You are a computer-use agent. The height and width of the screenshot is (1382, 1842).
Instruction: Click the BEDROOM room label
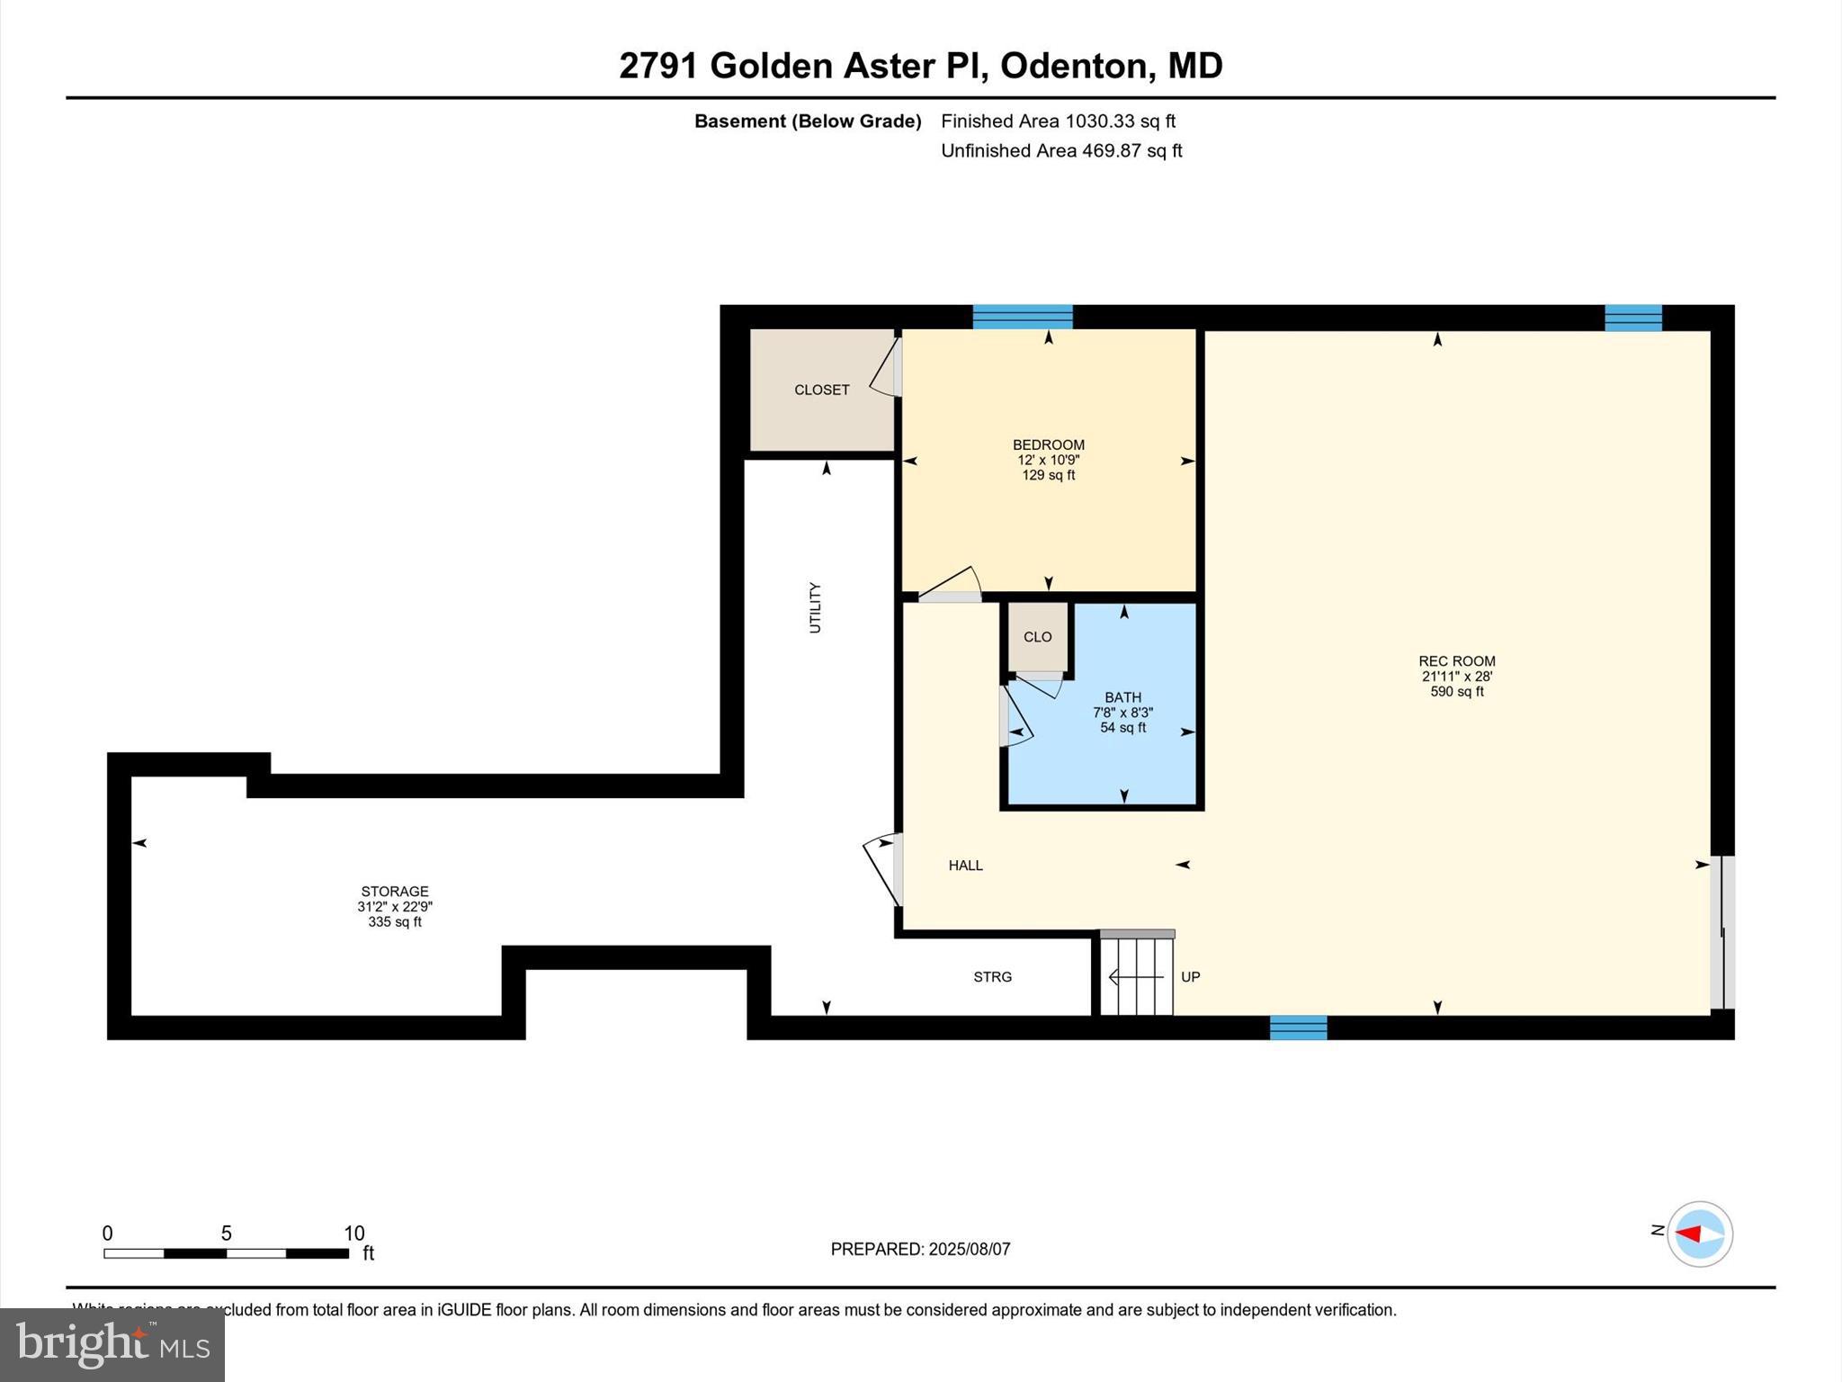1048,444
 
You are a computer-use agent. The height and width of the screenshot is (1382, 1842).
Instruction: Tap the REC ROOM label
1456,661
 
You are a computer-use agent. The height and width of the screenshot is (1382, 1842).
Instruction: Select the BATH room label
1122,697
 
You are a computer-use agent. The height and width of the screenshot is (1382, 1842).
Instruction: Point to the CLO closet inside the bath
1037,637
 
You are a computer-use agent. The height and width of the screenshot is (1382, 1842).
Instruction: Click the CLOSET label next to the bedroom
821,390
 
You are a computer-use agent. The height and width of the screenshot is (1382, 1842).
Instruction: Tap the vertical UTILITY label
815,607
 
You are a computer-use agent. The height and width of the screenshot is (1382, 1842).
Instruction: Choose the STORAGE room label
395,892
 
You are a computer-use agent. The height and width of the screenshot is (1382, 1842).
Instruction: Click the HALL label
965,866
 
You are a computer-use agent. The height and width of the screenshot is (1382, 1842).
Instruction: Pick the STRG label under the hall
992,977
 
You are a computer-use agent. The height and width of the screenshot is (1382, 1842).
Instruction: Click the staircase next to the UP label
1138,976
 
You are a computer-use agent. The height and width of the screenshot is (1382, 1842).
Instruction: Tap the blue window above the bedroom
1023,317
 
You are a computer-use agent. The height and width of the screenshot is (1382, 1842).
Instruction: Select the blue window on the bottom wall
1298,1028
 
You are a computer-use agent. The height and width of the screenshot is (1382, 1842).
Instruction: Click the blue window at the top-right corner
1633,318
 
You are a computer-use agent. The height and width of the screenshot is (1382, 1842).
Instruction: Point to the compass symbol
1699,1234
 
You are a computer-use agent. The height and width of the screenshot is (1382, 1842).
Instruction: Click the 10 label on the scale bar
353,1234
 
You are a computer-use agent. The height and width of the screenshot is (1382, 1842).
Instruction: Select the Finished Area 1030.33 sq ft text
1058,121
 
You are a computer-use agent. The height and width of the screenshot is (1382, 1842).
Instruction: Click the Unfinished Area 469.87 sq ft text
1061,151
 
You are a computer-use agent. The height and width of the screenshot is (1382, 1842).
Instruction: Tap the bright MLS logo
112,1344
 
